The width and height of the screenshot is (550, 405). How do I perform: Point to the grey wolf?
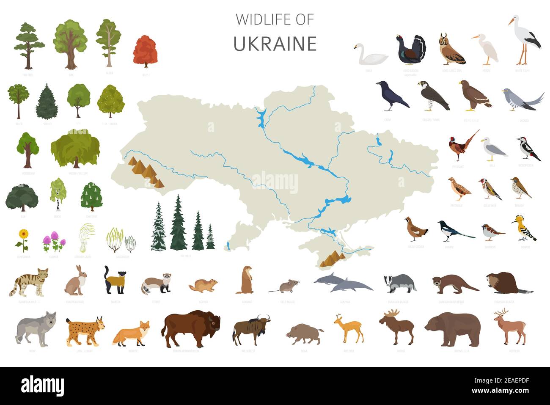click(x=36, y=327)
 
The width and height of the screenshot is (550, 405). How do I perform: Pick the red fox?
click(x=131, y=332)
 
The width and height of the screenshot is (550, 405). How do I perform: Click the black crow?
click(x=391, y=96)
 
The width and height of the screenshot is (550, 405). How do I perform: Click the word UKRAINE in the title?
click(x=275, y=44)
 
